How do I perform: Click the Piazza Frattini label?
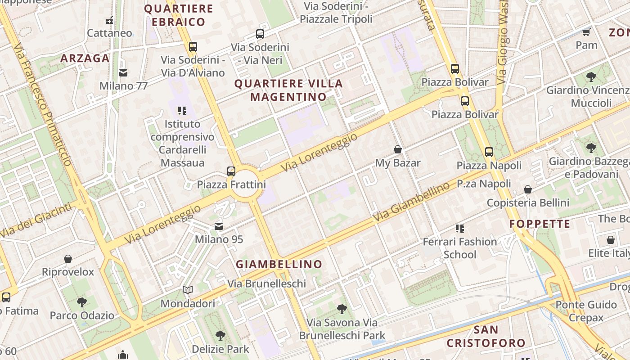(231, 184)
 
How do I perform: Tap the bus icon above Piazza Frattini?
(231, 171)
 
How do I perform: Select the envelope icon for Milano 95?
(219, 226)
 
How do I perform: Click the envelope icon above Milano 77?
(123, 72)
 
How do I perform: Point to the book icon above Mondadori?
(188, 290)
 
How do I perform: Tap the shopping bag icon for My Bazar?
(398, 149)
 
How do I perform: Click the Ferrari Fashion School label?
(459, 248)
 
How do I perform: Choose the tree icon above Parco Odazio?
(81, 302)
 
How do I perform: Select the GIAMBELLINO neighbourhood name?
(279, 264)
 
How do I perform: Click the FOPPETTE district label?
(540, 224)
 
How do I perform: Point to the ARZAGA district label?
(85, 58)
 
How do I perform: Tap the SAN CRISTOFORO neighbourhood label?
(486, 336)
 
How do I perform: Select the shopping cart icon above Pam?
(586, 32)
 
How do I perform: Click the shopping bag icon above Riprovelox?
(68, 259)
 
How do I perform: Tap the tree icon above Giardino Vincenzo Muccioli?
(591, 77)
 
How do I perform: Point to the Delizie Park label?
(220, 349)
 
